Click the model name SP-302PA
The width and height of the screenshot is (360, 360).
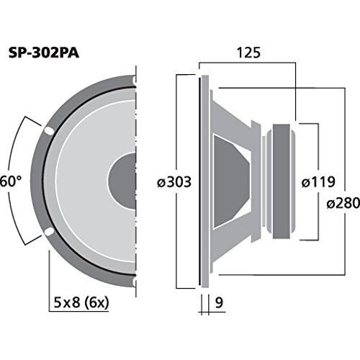(44, 53)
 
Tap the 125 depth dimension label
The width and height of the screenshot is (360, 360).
(248, 53)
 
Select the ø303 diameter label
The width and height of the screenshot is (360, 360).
(174, 181)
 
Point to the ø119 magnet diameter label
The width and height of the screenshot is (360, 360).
(318, 181)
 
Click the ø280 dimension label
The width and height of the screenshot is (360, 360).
(343, 203)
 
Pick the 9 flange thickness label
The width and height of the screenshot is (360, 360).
(219, 302)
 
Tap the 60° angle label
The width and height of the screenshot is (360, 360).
(11, 181)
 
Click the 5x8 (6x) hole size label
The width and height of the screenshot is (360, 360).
(81, 303)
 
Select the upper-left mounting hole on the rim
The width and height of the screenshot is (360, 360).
(49, 131)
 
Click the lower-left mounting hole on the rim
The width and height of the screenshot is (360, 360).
(49, 232)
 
